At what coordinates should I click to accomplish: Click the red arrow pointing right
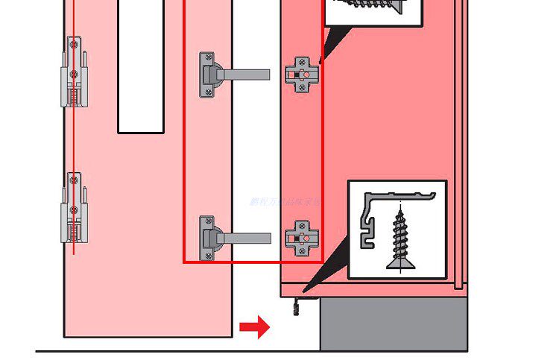coord(254,326)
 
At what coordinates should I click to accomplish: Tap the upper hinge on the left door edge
coord(73,72)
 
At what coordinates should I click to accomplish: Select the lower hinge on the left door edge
coord(73,207)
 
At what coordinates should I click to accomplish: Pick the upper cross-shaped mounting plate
coord(302,75)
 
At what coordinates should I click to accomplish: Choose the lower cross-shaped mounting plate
coord(302,239)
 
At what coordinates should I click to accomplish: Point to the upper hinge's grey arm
coord(246,75)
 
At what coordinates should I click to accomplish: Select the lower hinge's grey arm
coord(246,239)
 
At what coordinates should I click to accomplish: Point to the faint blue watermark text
coord(285,201)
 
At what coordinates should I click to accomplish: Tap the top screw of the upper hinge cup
coord(206,58)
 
